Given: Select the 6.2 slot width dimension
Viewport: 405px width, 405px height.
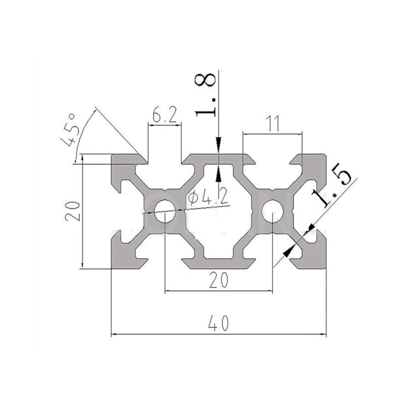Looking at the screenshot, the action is pos(165,114).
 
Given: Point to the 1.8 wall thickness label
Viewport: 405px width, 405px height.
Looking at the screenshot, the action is pos(206,95).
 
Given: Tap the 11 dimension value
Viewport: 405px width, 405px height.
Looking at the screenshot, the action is pos(272,124).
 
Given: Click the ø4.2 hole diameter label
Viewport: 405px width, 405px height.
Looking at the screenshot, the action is pos(208,196).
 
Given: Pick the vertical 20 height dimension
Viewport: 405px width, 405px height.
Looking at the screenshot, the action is pos(72,211).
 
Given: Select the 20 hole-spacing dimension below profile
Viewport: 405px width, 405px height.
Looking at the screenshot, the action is pos(219,280).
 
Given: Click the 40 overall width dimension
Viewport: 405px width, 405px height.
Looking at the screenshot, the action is pos(219,323).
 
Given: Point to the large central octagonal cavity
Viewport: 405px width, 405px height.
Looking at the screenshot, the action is pos(219,211).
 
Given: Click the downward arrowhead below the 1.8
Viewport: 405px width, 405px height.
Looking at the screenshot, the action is pos(219,145).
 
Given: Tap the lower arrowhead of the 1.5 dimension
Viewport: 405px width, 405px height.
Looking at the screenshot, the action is pos(289,251).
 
